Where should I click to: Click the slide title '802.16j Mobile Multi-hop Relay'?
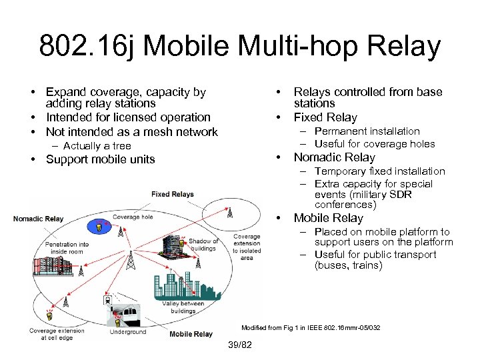click(x=240, y=47)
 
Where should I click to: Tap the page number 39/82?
click(x=240, y=345)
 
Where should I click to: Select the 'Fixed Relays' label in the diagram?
click(x=172, y=195)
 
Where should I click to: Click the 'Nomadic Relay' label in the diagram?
click(x=39, y=219)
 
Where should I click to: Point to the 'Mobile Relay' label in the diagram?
click(x=191, y=334)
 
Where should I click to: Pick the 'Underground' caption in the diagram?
click(x=127, y=332)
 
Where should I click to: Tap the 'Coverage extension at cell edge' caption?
click(x=57, y=334)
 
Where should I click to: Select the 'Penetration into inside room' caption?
click(x=67, y=249)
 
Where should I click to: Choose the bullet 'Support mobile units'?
click(x=100, y=159)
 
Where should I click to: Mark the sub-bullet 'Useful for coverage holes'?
click(x=374, y=144)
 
